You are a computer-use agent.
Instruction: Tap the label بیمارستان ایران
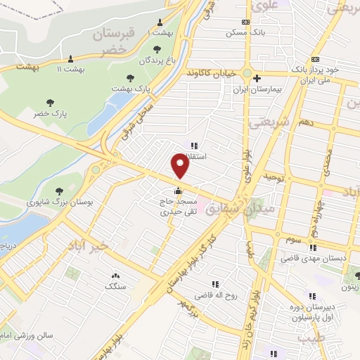(262, 90)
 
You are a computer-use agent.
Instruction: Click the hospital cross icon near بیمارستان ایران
(257, 78)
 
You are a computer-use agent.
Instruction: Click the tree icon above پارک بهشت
(129, 77)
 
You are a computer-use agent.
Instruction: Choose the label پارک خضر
(50, 112)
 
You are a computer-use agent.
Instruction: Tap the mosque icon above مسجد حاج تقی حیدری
(178, 190)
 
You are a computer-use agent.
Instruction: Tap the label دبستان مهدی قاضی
(314, 259)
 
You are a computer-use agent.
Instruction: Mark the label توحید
(274, 177)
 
